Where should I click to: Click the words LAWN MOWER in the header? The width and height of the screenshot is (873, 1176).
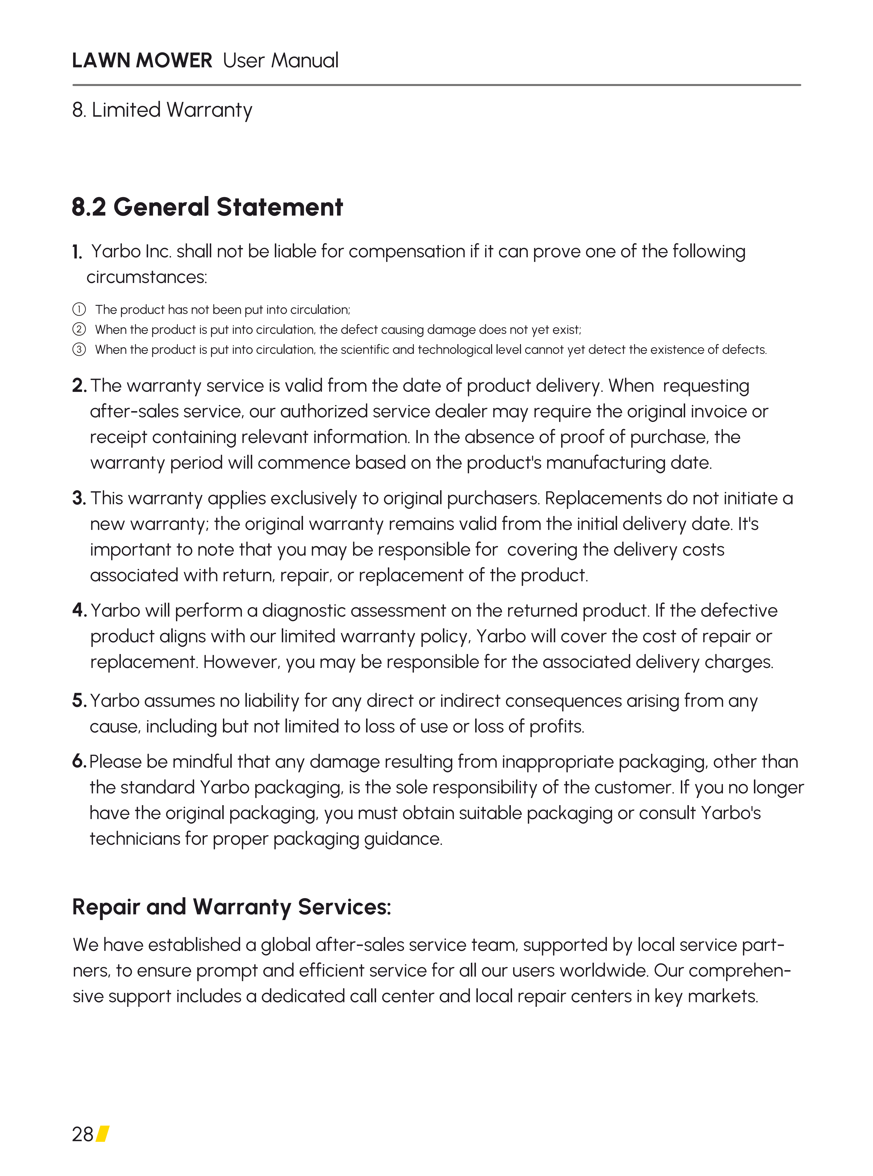142,61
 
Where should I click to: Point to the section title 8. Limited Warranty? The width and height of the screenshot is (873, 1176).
162,110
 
